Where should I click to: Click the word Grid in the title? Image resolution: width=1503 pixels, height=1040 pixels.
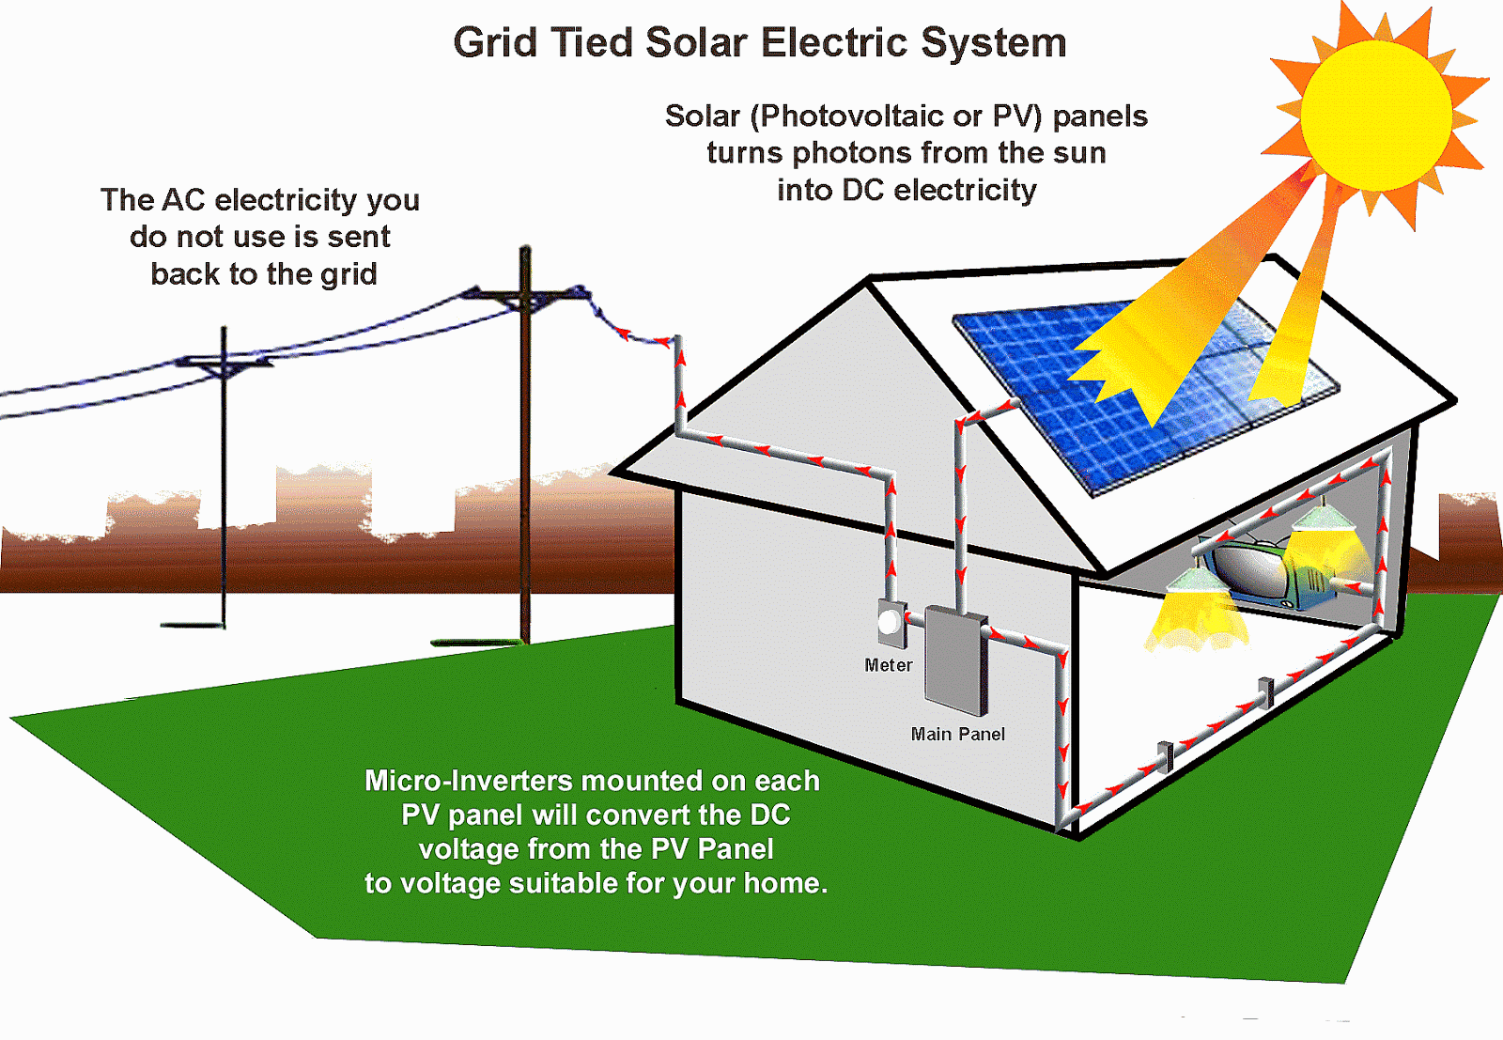click(x=495, y=43)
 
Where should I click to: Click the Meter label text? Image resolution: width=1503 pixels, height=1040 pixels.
click(x=888, y=665)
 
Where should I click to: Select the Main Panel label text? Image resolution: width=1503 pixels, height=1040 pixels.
click(x=957, y=734)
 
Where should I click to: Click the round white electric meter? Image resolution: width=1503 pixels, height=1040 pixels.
click(x=889, y=622)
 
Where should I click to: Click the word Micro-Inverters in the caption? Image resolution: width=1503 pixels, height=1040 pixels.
click(x=468, y=781)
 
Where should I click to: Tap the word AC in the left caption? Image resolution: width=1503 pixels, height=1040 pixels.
click(x=183, y=200)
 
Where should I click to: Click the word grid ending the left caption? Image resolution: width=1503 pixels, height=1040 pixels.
click(x=349, y=274)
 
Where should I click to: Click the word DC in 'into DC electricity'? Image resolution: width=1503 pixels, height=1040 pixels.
click(x=863, y=191)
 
